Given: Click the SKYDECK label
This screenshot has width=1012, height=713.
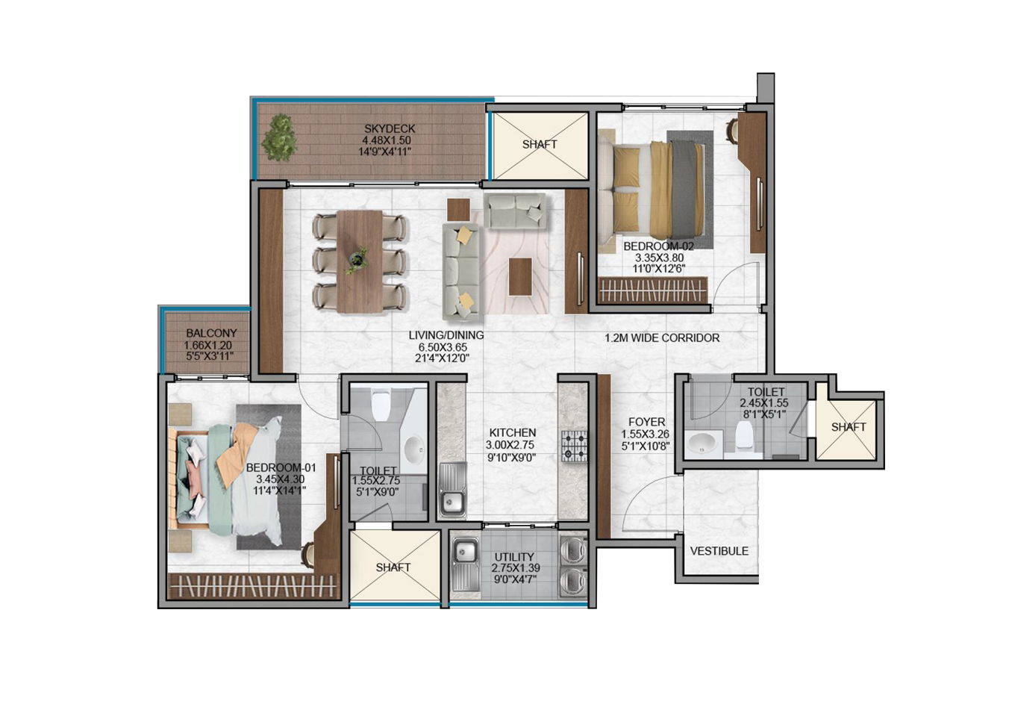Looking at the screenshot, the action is [390, 128].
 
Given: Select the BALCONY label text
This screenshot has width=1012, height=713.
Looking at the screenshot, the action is [211, 333].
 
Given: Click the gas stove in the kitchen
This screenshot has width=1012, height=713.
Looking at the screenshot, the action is [574, 446].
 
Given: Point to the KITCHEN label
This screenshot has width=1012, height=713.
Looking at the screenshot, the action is [512, 433].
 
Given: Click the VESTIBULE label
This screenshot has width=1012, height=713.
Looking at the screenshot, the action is [719, 551].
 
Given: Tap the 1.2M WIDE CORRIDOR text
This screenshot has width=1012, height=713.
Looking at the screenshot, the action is [662, 337].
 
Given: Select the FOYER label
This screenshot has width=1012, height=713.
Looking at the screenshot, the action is [646, 422].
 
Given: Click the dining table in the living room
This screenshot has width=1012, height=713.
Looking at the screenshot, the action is [360, 261].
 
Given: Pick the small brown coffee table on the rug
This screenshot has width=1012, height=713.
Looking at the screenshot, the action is [520, 276].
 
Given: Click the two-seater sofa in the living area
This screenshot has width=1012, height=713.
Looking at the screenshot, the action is [515, 210].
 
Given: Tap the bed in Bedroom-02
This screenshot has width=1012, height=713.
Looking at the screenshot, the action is [651, 190].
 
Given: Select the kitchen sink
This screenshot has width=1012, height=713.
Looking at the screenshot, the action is [452, 490].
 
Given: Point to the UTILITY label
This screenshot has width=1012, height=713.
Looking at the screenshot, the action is [514, 557].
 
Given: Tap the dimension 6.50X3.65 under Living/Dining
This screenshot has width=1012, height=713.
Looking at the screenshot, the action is [443, 347].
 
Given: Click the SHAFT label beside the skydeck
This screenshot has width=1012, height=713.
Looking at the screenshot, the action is [540, 144].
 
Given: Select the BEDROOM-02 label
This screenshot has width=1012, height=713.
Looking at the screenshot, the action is [658, 246].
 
